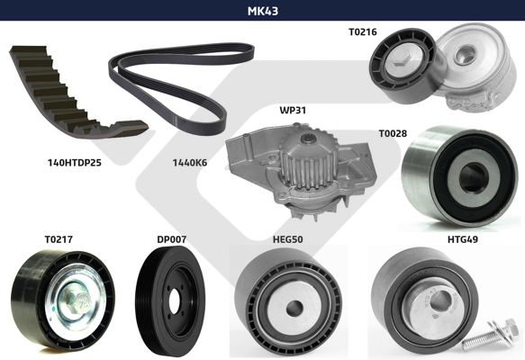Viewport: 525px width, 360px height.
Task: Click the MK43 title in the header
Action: point(263,11)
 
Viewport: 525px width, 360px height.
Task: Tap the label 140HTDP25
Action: point(75,163)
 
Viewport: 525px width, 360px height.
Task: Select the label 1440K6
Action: point(189,163)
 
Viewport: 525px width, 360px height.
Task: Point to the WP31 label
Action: point(293,110)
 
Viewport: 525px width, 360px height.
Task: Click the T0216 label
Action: point(363,31)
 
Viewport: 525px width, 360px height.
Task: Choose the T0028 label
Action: point(393,133)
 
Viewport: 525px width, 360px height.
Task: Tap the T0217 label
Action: point(59,239)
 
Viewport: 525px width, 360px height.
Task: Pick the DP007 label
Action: point(171,239)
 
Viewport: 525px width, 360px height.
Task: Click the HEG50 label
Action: point(288,239)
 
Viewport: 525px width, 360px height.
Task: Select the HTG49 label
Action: point(463,239)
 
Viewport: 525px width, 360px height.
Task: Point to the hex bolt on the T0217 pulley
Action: point(76,299)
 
